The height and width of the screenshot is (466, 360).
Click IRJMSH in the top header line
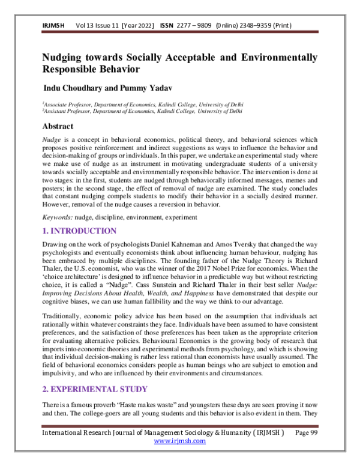tap(52, 26)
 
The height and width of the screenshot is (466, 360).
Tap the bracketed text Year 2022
tap(137, 26)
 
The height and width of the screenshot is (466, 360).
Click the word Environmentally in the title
tap(277, 58)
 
